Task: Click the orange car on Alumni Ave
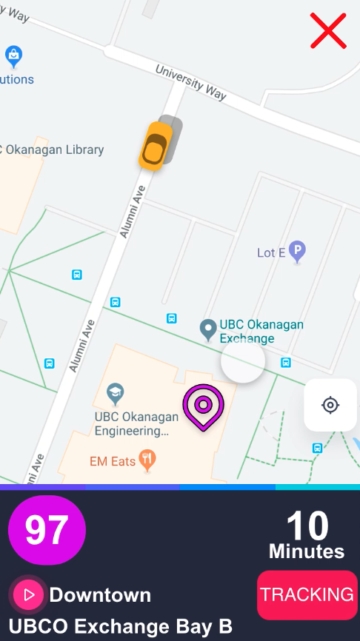156,146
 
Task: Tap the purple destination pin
202,406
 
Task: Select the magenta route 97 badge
47,530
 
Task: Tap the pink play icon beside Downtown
29,594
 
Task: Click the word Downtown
100,595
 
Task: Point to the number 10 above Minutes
307,526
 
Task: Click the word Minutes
307,551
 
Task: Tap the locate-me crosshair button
330,405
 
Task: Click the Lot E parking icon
297,252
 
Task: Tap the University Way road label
191,82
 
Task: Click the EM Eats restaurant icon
149,460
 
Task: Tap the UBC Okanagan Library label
52,150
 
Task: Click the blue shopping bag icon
13,55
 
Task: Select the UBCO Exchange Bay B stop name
121,626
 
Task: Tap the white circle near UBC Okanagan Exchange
242,361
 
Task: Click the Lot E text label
271,253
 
